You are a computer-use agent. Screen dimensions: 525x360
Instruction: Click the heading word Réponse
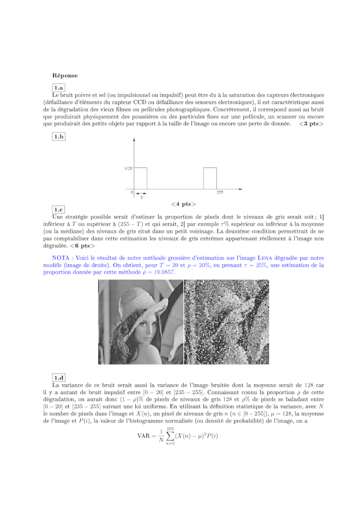click(x=65, y=75)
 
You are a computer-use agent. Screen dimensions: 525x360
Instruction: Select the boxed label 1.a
click(x=58, y=87)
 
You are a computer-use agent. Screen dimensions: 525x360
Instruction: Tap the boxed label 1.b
click(x=58, y=137)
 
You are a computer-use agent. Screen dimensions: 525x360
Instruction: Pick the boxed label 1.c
click(x=58, y=210)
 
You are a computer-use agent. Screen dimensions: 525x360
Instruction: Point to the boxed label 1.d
click(x=58, y=378)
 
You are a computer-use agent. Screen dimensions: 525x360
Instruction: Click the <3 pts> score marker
click(x=311, y=124)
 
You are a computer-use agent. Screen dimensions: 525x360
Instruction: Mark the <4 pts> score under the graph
click(x=183, y=204)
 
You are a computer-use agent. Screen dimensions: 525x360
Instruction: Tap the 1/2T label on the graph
click(x=128, y=168)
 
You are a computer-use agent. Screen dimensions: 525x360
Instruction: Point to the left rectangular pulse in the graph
click(x=140, y=179)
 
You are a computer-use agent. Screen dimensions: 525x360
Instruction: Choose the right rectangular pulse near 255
click(x=210, y=179)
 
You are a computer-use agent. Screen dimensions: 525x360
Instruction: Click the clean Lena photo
click(x=140, y=322)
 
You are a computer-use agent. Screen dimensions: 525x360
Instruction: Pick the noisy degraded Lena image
click(x=226, y=322)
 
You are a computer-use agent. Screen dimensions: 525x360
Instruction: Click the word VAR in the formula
click(x=143, y=435)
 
